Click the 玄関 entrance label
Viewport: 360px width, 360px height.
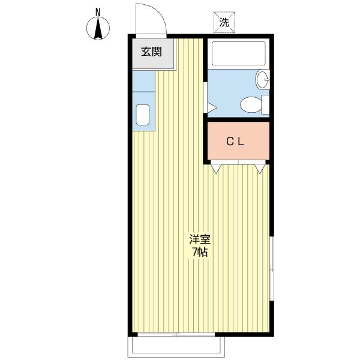(x=151, y=52)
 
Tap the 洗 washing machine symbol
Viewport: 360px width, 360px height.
(x=224, y=22)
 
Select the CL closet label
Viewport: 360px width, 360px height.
(x=235, y=142)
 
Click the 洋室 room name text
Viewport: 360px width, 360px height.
(x=200, y=239)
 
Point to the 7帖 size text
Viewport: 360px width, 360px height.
(x=200, y=252)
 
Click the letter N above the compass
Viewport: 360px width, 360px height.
(x=98, y=13)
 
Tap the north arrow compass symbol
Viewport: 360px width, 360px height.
(x=98, y=28)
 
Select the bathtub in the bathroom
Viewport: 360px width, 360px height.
(x=239, y=53)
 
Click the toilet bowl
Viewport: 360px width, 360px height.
(x=251, y=104)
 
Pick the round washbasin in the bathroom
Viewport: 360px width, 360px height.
(x=262, y=79)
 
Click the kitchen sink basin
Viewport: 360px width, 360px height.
(x=143, y=115)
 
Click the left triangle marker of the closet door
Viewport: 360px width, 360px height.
(x=216, y=169)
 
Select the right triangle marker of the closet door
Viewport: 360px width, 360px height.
(x=260, y=169)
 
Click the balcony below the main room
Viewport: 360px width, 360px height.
(x=176, y=347)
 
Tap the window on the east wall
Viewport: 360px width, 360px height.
(x=272, y=268)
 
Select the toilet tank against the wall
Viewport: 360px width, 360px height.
(x=265, y=104)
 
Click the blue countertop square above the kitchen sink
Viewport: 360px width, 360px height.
(x=143, y=81)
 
